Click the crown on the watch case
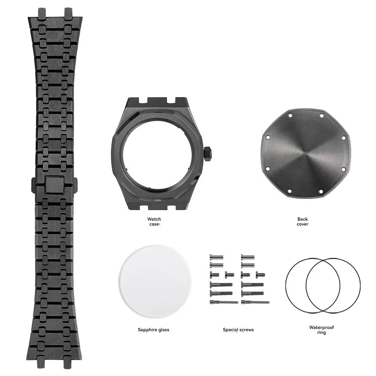click(207, 153)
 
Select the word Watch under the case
click(154, 219)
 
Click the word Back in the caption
click(302, 219)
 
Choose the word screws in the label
click(246, 330)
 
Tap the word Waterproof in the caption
click(321, 327)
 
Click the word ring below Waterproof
click(321, 333)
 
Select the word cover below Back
click(302, 224)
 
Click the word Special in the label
click(230, 330)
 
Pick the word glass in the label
click(163, 330)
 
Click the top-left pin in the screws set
click(216, 257)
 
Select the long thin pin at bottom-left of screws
click(223, 302)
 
